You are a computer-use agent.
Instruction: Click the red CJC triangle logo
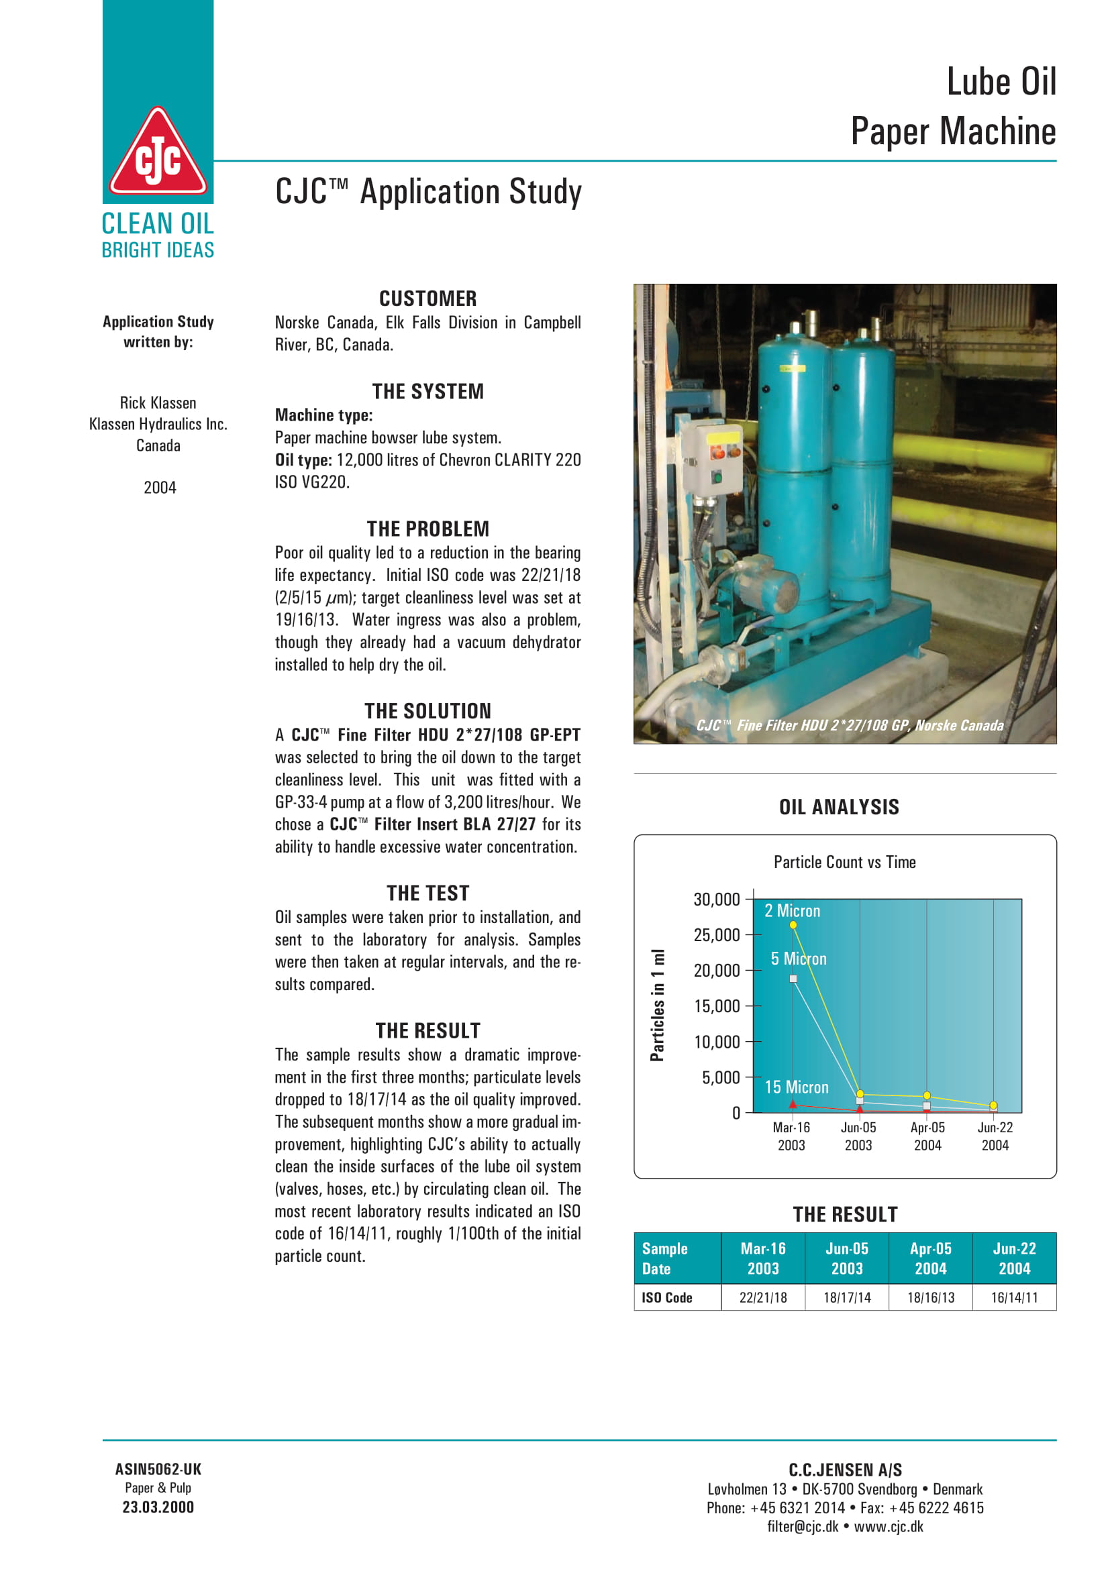click(158, 154)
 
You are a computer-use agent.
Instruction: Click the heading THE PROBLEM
click(428, 529)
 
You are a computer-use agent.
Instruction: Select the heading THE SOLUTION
click(428, 710)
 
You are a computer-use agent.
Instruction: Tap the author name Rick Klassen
click(158, 402)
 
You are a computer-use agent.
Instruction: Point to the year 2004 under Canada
click(159, 487)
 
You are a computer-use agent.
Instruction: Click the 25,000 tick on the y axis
click(716, 935)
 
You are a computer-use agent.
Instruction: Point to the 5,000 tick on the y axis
click(720, 1078)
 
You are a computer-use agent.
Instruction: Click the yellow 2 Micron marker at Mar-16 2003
click(793, 925)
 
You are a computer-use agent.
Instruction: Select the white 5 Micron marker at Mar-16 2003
click(793, 979)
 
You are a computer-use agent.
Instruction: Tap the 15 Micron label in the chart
click(797, 1087)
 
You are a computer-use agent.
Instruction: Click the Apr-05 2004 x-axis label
click(927, 1136)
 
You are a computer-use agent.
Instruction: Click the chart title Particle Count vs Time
click(844, 863)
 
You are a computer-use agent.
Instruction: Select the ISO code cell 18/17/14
click(847, 1298)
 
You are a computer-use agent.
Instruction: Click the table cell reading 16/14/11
click(1014, 1298)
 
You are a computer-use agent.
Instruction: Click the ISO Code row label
click(666, 1298)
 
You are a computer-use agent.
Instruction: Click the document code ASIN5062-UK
click(158, 1469)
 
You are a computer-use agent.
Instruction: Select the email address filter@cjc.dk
click(802, 1527)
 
